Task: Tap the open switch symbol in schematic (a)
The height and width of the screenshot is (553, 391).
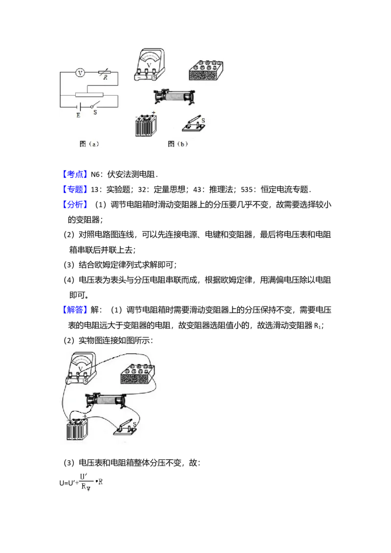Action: (95, 105)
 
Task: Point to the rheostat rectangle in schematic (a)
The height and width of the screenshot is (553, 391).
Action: (88, 95)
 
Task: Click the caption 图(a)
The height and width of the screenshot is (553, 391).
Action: (89, 144)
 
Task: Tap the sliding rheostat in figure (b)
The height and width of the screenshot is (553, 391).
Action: (174, 96)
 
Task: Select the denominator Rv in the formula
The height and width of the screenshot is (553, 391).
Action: (86, 488)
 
